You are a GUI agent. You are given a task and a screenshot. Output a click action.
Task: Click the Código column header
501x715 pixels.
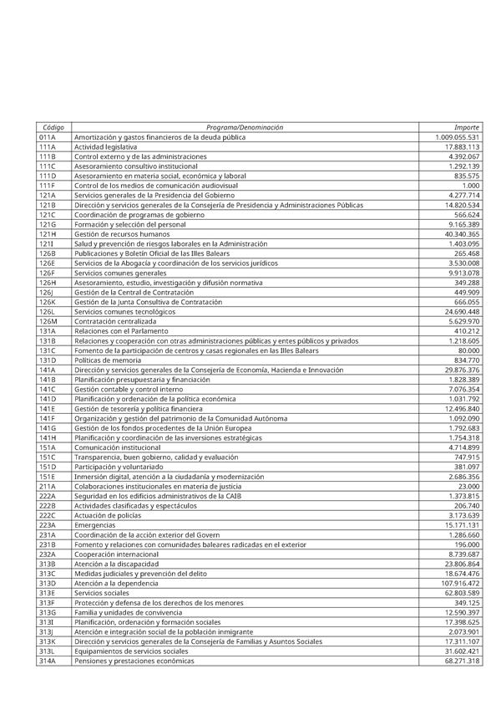[x=53, y=127]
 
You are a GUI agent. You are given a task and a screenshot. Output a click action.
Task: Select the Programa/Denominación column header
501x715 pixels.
[x=245, y=127]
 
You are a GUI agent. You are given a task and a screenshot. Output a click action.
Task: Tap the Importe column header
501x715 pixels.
[x=467, y=127]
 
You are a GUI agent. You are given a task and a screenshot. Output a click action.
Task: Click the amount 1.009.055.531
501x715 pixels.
[x=458, y=137]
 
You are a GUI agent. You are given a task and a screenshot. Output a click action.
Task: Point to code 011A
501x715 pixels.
[x=47, y=137]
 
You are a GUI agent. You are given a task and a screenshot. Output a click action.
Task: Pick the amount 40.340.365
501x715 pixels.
[x=462, y=234]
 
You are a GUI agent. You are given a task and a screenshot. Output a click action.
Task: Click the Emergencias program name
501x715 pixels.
[x=94, y=525]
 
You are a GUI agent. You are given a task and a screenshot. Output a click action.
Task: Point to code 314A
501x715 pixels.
[x=47, y=661]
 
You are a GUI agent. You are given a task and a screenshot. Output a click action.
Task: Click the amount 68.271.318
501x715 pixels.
[x=462, y=661]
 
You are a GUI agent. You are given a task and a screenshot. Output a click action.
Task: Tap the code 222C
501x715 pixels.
[x=47, y=516]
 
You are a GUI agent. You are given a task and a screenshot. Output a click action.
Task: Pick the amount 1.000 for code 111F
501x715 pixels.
[x=470, y=186]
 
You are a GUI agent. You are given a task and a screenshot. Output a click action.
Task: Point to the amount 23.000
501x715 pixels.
[x=468, y=487]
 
